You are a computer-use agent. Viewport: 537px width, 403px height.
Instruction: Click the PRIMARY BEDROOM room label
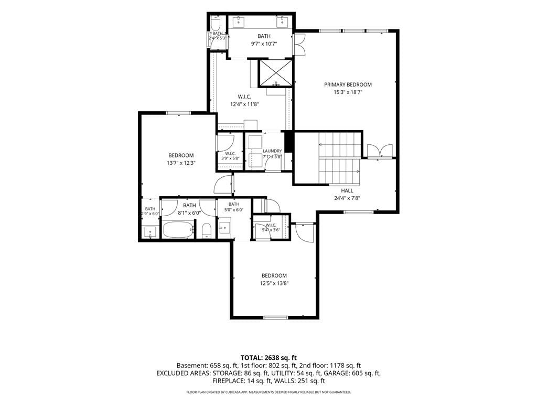(x=348, y=84)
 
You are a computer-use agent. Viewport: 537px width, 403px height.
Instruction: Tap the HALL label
(x=347, y=190)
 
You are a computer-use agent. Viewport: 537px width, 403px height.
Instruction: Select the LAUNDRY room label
(x=272, y=151)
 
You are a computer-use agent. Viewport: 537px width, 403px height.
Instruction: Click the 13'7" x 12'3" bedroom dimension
(x=181, y=163)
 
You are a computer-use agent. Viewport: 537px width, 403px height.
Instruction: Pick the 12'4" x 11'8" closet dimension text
(x=244, y=104)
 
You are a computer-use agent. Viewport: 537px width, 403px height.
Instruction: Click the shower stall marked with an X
(x=276, y=73)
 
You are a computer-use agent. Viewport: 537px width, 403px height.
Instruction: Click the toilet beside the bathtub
(x=207, y=230)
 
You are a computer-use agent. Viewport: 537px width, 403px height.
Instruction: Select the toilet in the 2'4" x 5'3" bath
(x=216, y=23)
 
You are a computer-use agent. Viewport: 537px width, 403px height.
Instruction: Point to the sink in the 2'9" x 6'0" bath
(x=150, y=231)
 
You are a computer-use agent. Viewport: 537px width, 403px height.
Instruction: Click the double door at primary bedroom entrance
(x=380, y=151)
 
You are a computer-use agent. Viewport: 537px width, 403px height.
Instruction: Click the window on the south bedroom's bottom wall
(x=276, y=317)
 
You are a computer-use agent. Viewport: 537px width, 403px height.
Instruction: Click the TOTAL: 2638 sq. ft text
(x=268, y=358)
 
